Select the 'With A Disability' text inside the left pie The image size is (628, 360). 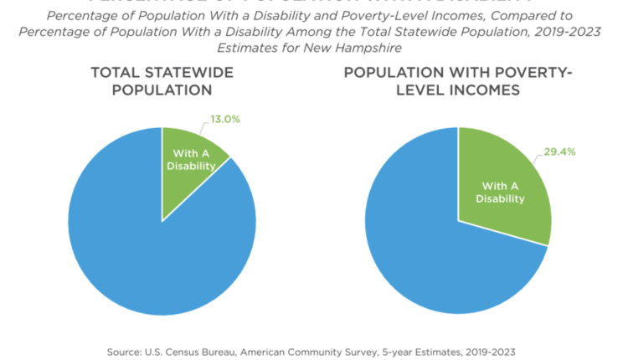coord(194,159)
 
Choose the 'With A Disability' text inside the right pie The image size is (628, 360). coord(500,193)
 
